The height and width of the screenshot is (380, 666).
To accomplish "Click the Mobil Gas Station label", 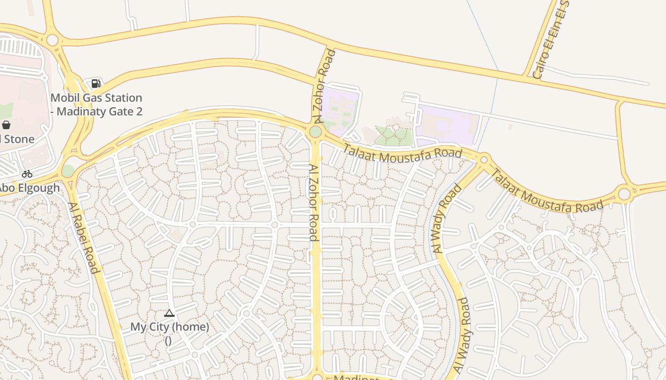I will tap(97, 104).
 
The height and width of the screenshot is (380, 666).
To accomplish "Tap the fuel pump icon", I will tap(96, 84).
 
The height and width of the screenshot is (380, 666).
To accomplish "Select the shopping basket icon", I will tap(6, 125).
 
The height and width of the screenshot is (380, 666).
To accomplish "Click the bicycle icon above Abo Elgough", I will tap(27, 174).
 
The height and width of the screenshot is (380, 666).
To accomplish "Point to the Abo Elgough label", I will tap(29, 188).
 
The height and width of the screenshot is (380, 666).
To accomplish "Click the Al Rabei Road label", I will tap(83, 238).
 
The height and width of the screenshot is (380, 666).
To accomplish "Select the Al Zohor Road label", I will tap(313, 203).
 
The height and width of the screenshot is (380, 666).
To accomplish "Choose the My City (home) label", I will tap(170, 327).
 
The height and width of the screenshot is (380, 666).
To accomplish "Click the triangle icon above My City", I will tap(169, 313).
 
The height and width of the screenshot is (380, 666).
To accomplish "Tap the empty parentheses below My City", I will tap(168, 340).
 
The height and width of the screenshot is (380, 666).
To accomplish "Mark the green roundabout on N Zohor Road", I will tap(315, 132).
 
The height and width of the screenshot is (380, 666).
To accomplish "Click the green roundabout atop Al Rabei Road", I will tap(68, 170).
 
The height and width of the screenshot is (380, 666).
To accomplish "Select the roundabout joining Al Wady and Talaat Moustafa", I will tap(484, 159).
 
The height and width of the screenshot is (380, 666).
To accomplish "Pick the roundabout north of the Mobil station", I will tap(52, 40).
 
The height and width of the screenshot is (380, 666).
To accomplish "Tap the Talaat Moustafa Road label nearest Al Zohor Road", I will tap(402, 153).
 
